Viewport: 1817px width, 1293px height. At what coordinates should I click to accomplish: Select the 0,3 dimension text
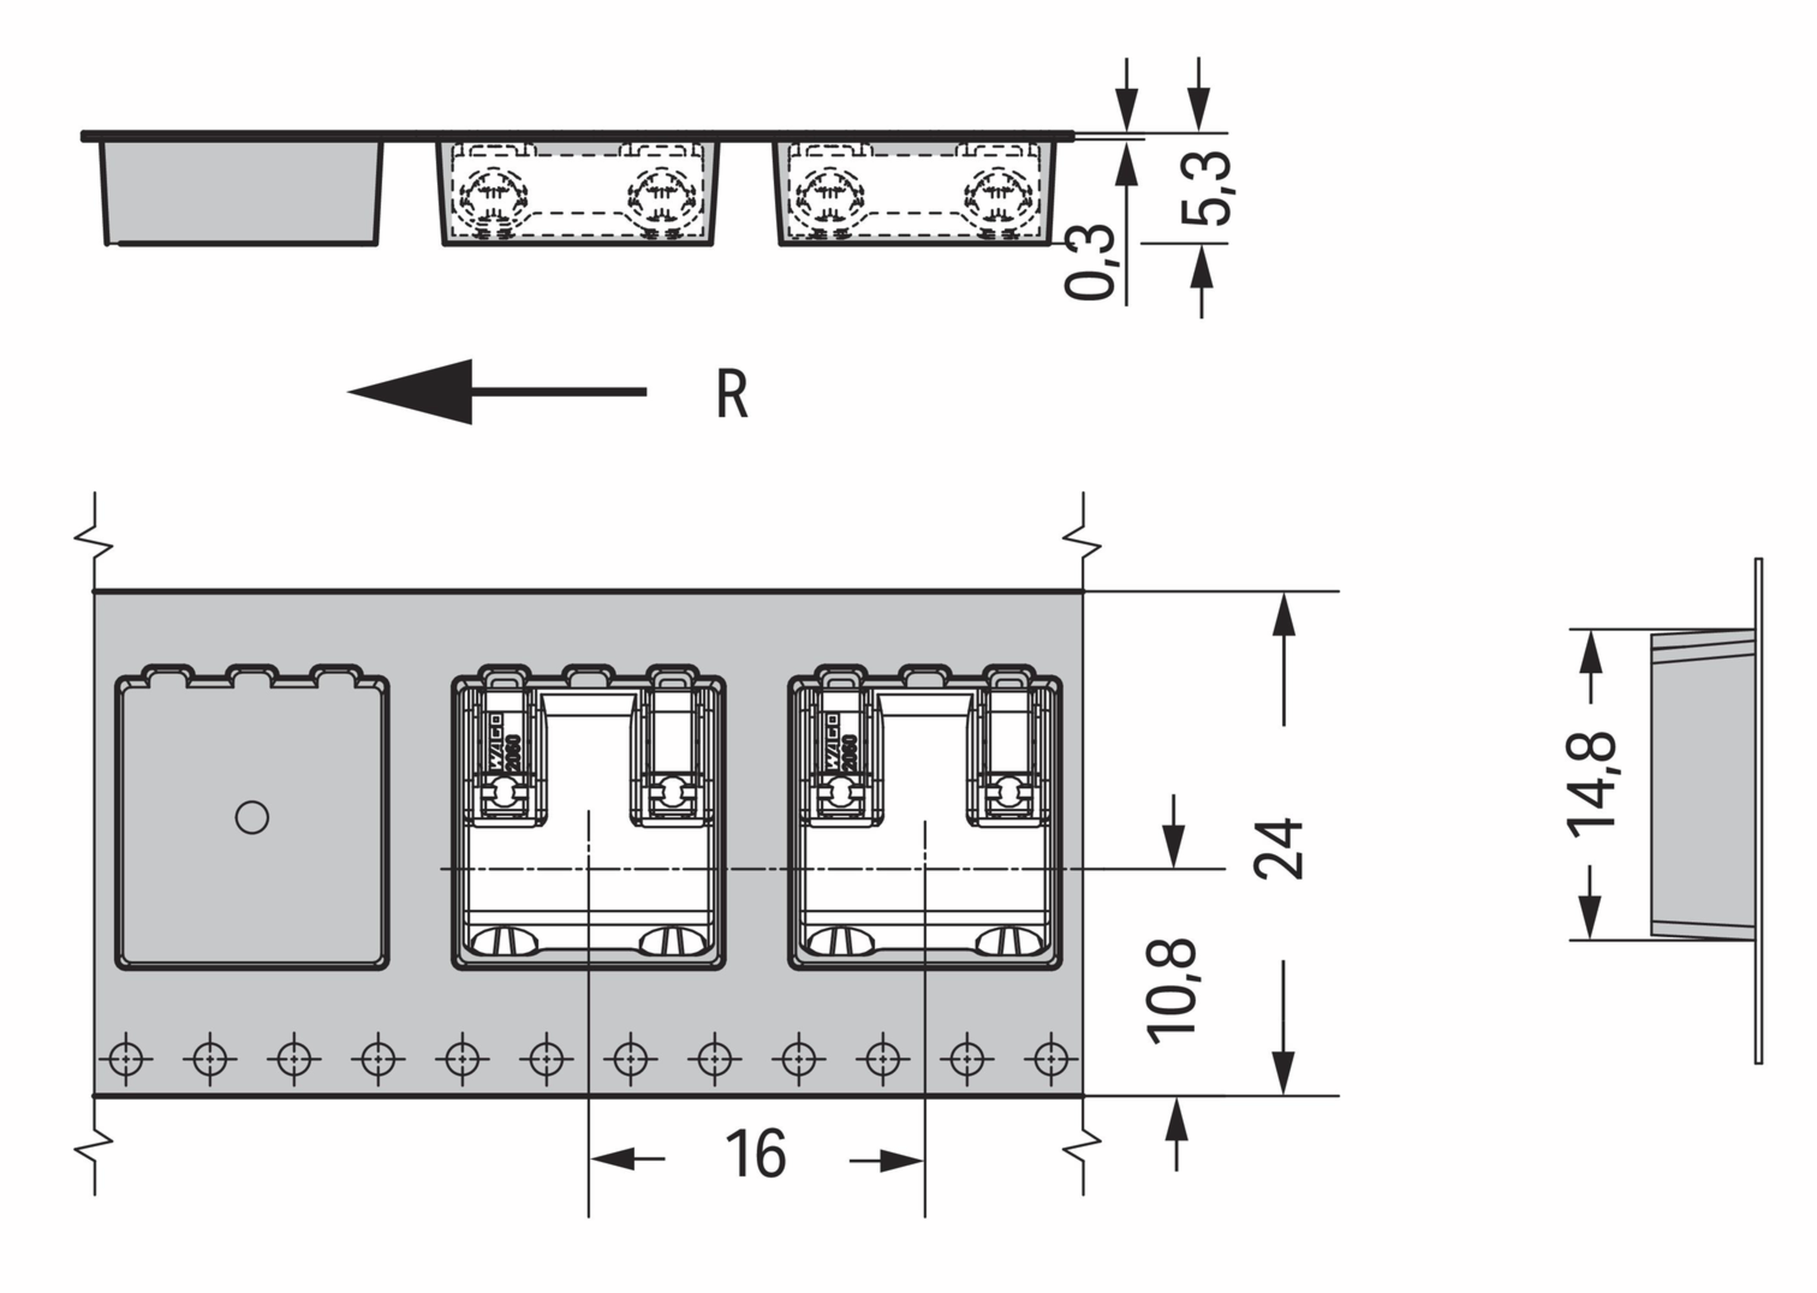(x=1089, y=262)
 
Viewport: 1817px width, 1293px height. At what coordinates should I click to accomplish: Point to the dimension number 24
(x=1279, y=849)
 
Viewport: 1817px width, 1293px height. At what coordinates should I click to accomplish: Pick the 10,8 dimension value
(x=1170, y=991)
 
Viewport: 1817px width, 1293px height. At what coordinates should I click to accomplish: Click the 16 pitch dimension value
(x=755, y=1154)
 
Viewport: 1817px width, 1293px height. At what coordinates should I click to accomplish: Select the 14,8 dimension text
(x=1591, y=784)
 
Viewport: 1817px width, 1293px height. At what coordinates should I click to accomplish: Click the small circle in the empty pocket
(x=251, y=818)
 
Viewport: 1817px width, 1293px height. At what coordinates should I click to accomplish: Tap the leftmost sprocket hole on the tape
(x=126, y=1059)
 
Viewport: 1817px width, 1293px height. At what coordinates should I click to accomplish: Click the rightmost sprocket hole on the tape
(x=1050, y=1059)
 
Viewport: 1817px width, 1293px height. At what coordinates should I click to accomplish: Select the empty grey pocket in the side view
(x=241, y=193)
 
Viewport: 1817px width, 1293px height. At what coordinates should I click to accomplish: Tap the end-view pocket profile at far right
(x=1704, y=784)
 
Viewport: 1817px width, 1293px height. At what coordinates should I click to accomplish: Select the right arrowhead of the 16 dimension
(x=900, y=1161)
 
